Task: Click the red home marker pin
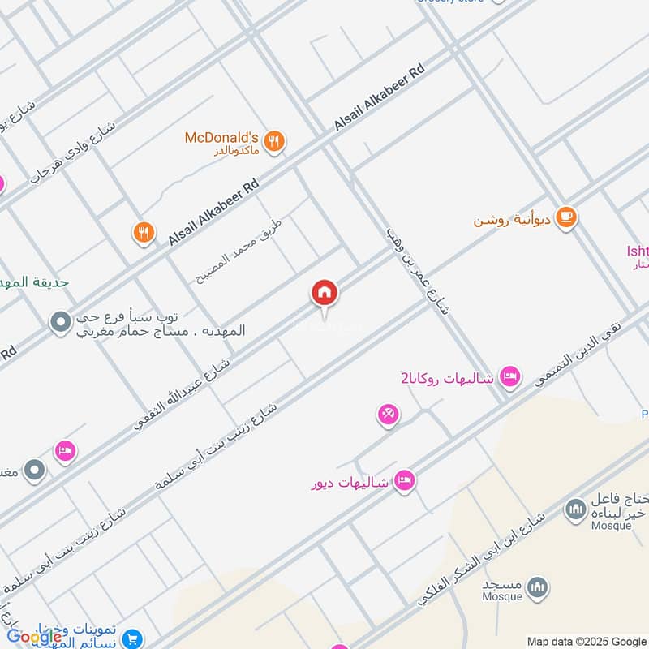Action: (x=324, y=293)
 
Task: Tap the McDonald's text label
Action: (x=221, y=137)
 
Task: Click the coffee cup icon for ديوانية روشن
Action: (x=566, y=218)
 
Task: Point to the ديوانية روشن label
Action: (x=514, y=220)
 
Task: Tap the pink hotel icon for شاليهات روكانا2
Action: (x=509, y=376)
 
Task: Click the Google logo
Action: (x=34, y=637)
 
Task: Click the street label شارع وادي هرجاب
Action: (x=74, y=153)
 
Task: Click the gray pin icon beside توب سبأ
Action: (x=59, y=323)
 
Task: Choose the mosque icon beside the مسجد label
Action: (x=537, y=587)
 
